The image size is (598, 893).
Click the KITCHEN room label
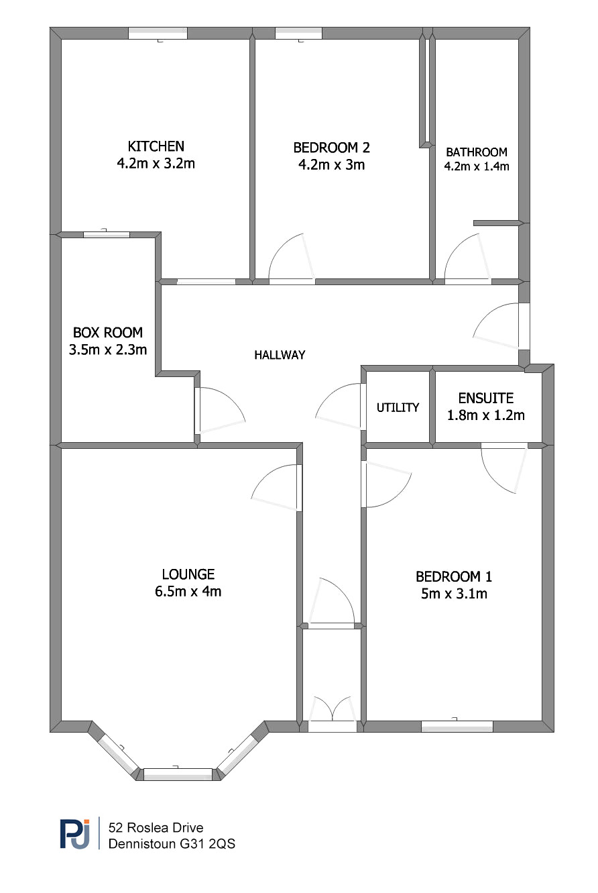(156, 147)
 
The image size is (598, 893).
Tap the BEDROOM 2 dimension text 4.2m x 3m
(331, 164)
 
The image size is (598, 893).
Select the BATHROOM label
(477, 152)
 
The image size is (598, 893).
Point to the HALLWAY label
(280, 355)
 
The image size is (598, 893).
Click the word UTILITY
(398, 407)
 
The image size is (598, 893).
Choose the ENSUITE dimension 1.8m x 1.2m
(485, 415)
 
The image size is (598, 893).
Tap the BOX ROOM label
(107, 333)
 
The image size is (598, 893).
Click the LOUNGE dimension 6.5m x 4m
(188, 591)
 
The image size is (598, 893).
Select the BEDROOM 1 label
(454, 576)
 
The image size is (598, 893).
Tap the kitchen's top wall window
(158, 33)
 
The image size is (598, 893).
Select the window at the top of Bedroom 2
(298, 33)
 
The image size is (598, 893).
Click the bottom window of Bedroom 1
(457, 727)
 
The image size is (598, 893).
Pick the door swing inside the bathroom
(467, 258)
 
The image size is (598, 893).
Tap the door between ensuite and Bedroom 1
(504, 468)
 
